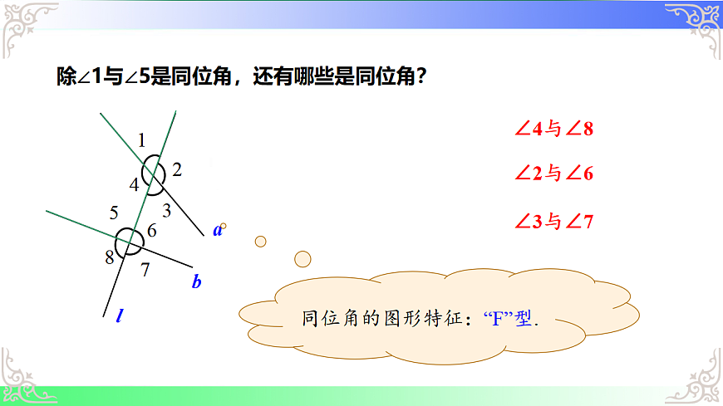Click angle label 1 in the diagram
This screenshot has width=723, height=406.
(142, 139)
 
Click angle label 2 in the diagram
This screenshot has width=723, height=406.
(177, 170)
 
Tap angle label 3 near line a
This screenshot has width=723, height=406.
(166, 210)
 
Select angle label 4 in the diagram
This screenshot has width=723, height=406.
(133, 183)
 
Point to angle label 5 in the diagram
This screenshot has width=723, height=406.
(114, 212)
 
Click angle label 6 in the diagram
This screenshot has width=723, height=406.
(152, 231)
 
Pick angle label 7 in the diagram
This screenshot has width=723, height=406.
(145, 268)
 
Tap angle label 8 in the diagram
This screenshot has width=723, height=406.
(109, 257)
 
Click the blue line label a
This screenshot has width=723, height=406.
(217, 230)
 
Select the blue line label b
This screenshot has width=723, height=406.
(197, 281)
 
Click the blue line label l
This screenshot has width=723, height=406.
(120, 316)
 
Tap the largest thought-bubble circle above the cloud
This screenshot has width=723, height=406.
(302, 258)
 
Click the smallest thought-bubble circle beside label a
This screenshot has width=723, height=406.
(223, 226)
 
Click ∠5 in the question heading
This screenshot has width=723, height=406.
(135, 78)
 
